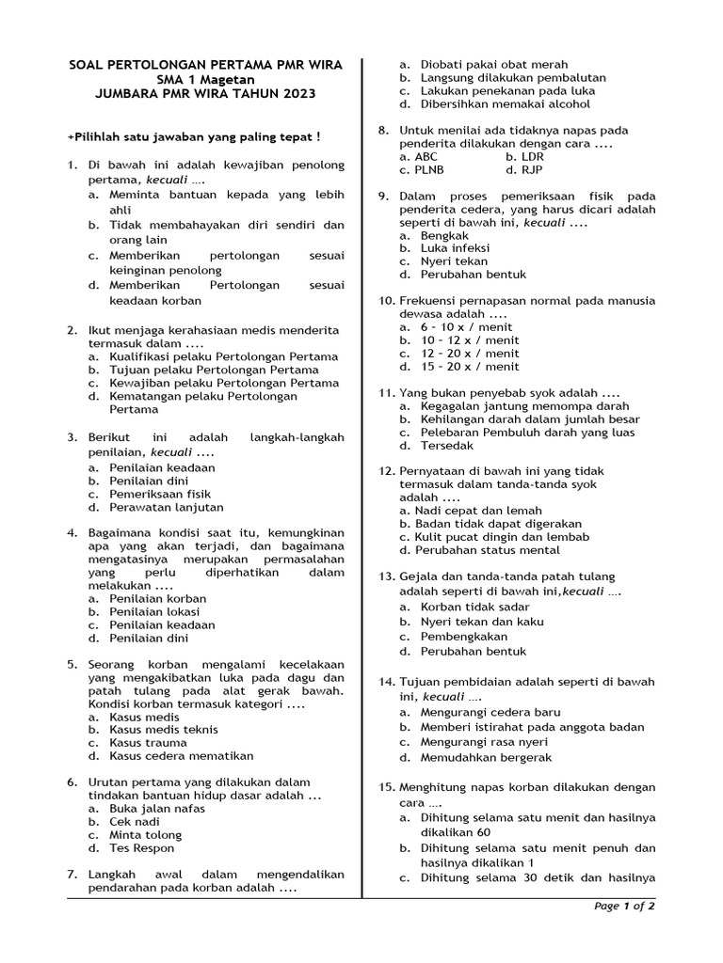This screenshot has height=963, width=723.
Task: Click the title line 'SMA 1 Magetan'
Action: [206, 79]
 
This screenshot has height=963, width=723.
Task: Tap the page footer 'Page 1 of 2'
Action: [624, 906]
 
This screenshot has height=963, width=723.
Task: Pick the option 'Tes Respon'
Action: [141, 847]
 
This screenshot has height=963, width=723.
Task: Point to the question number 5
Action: [72, 664]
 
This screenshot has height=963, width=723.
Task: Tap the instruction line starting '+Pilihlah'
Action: [194, 136]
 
